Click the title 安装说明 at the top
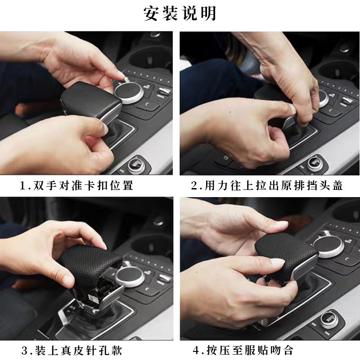point(180,13)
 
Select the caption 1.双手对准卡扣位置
point(76,185)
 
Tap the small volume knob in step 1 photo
point(135,164)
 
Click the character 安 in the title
point(152,13)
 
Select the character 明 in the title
point(208,13)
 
